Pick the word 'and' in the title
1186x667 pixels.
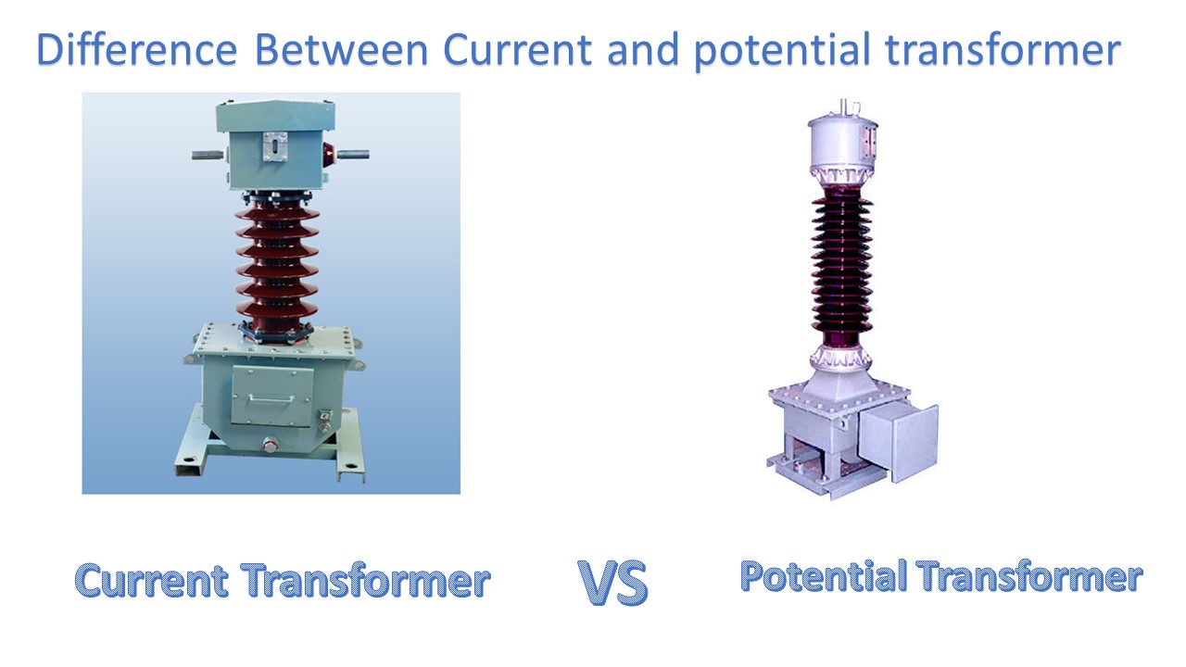click(643, 50)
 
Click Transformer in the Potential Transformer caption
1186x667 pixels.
click(1029, 576)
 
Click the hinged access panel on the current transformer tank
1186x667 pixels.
click(271, 394)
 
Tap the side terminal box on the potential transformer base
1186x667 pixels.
click(896, 443)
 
